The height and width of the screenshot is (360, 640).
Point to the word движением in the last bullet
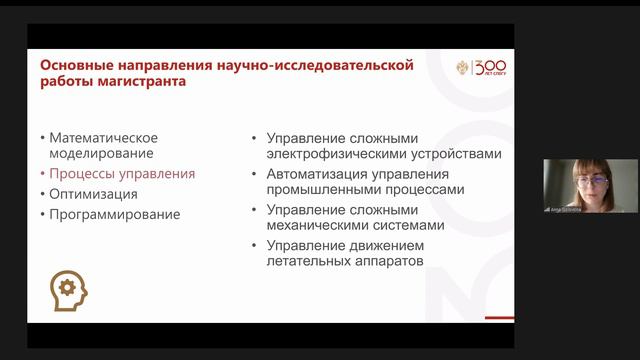(x=382, y=245)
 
